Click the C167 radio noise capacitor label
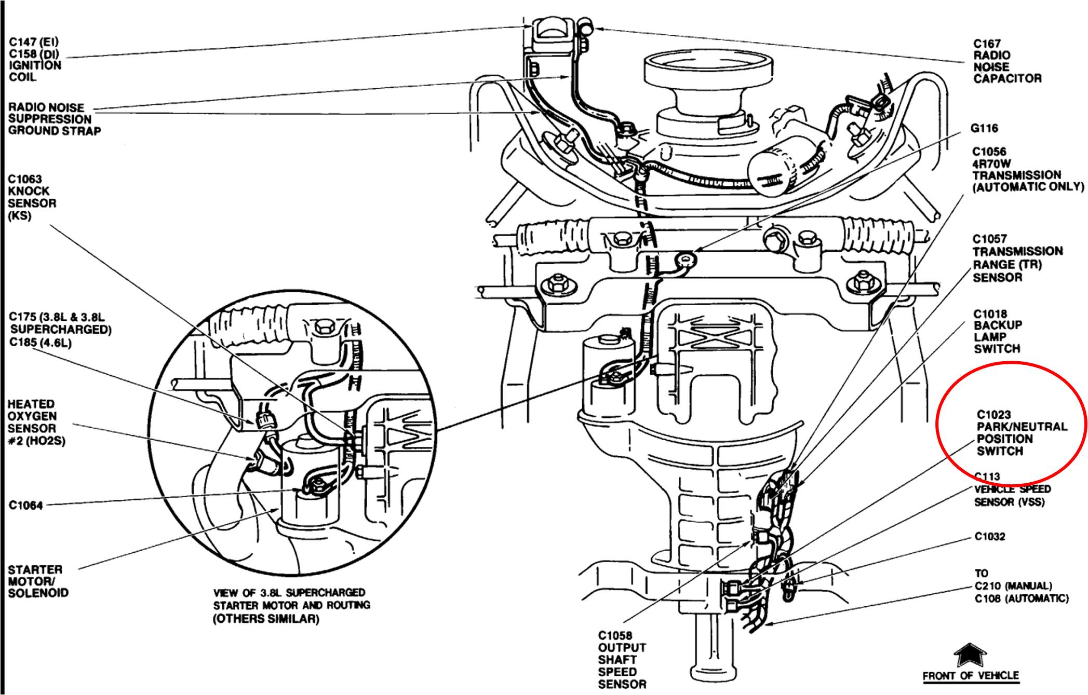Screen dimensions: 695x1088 tap(1007, 61)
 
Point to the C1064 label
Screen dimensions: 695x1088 tap(25, 505)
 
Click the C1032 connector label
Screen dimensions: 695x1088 tap(989, 537)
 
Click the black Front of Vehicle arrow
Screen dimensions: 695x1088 tap(970, 656)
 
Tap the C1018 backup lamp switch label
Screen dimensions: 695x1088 tap(997, 331)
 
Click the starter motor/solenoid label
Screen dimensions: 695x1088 tap(37, 581)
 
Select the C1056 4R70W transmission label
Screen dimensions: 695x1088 tap(1027, 169)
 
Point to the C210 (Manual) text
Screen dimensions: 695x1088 tap(1013, 586)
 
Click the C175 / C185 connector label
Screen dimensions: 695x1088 tap(60, 330)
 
